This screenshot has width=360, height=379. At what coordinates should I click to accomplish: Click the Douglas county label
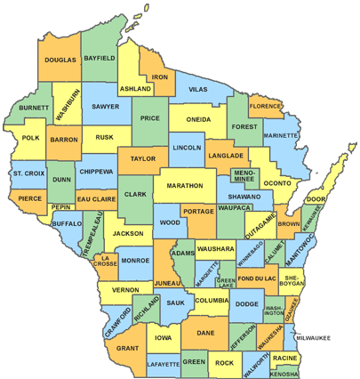click(60, 60)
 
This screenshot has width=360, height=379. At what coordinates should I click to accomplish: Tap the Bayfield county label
click(100, 58)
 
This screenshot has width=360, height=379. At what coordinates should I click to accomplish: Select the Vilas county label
click(198, 90)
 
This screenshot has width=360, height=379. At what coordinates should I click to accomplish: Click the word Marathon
click(184, 186)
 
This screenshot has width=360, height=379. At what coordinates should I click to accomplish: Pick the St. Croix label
click(28, 172)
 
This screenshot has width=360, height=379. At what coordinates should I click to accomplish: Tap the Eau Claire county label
click(96, 199)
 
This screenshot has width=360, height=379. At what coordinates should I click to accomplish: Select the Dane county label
click(205, 333)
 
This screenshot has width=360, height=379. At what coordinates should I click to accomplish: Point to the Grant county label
click(127, 349)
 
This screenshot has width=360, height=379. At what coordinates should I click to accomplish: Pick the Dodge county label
click(246, 305)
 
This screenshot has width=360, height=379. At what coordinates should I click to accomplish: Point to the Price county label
click(149, 117)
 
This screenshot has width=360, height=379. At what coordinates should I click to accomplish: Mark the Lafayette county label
click(163, 364)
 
